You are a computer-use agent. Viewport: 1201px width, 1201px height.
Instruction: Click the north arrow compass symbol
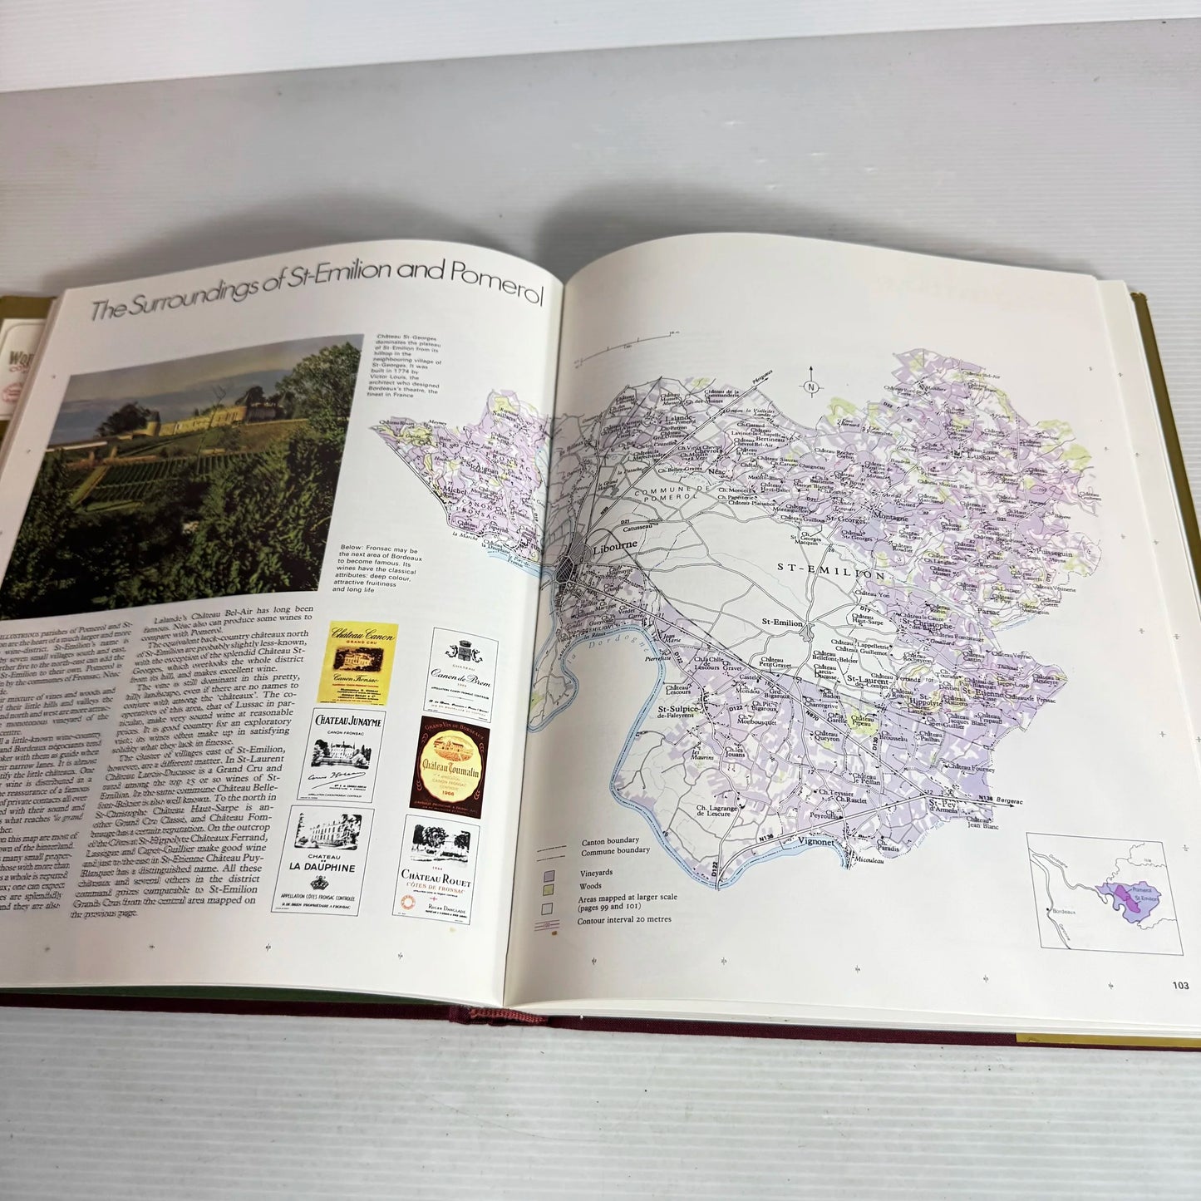tap(811, 386)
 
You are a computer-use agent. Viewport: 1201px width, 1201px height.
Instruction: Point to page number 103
tap(1180, 987)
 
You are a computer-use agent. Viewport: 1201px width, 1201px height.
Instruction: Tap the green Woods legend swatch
tap(549, 888)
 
